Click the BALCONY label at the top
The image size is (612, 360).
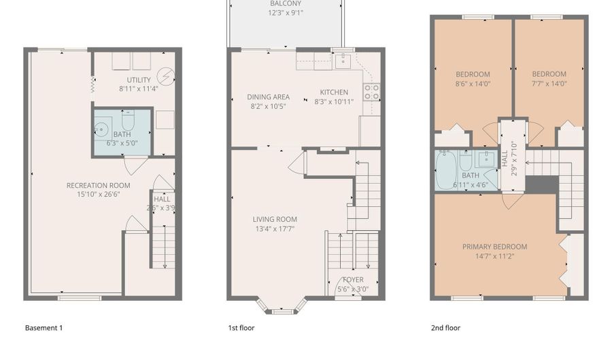point(286,3)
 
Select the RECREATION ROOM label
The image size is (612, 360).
point(98,185)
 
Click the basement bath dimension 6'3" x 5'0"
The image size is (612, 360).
point(122,143)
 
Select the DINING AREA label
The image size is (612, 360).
point(268,97)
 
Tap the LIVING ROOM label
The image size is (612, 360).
point(275,219)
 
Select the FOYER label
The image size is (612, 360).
point(352,280)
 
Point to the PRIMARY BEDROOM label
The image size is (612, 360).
point(494,246)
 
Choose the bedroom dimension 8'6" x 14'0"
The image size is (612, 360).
point(472,84)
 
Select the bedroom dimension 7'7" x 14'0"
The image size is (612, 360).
point(549,84)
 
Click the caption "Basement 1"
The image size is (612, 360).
point(44,328)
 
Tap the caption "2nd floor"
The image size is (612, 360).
point(445,328)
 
